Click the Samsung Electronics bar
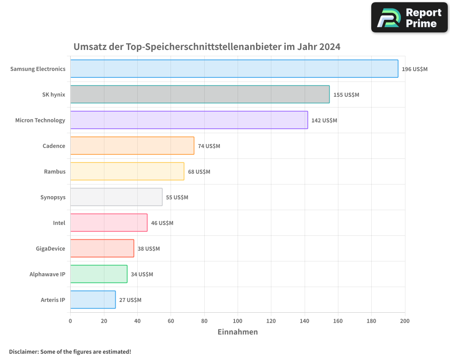[x=234, y=69]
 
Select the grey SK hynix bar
[x=200, y=94]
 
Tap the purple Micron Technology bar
[x=189, y=120]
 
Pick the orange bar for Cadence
[x=132, y=146]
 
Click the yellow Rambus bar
[x=127, y=171]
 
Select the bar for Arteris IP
[x=93, y=300]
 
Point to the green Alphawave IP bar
[x=99, y=274]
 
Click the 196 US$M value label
[x=414, y=69]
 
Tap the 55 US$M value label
[x=177, y=198]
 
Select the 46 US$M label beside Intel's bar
[x=162, y=223]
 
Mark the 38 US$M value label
[x=148, y=249]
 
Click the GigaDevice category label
[x=50, y=248]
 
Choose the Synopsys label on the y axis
[x=53, y=197]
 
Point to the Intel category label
[x=59, y=223]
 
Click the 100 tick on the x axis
[x=238, y=321]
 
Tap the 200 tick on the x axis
[x=405, y=321]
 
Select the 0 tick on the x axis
[x=70, y=321]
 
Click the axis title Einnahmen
[x=238, y=332]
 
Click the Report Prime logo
[x=409, y=18]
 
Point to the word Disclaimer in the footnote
[x=23, y=351]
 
